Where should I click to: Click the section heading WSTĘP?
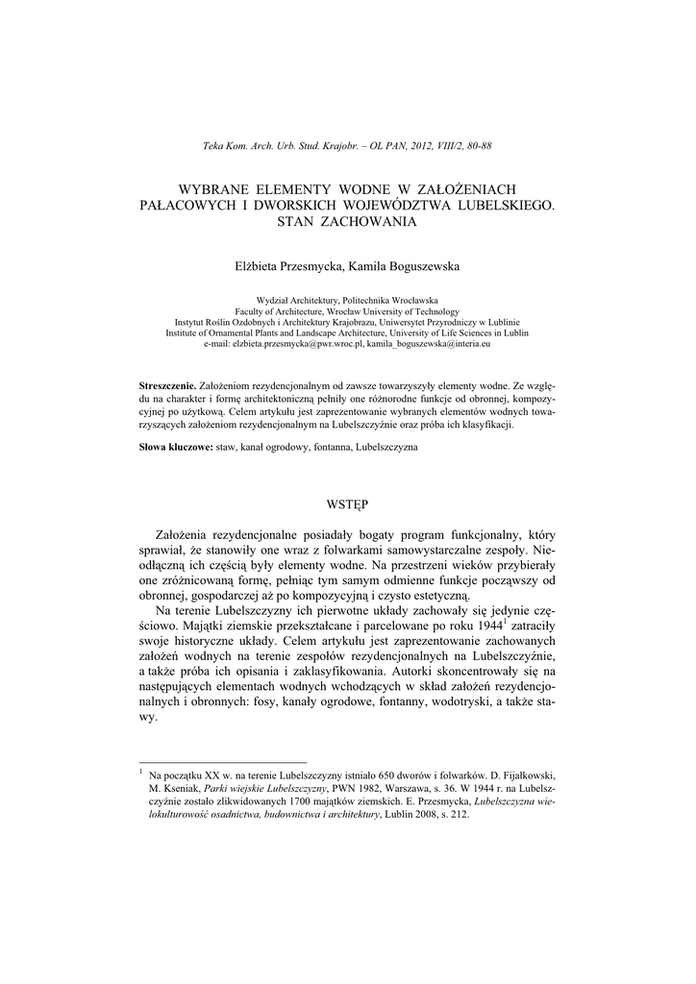tap(347, 503)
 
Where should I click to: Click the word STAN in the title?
tap(297, 221)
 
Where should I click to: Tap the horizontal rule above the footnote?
tap(222, 761)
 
